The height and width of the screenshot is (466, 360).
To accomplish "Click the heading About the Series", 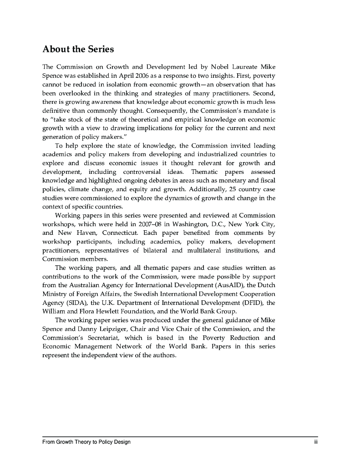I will point(78,49).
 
